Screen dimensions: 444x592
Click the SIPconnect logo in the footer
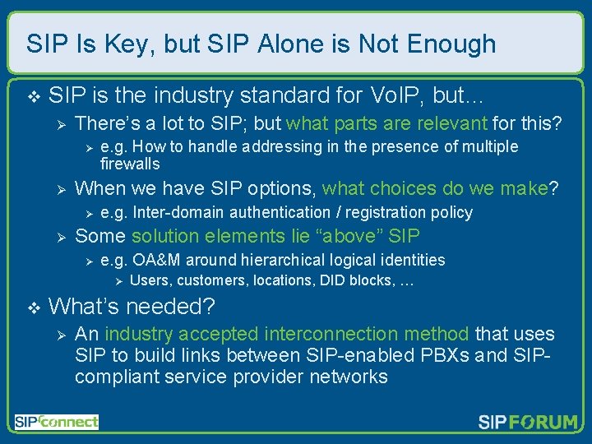(56, 423)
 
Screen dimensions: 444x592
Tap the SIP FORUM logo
(528, 423)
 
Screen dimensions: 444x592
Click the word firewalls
(130, 164)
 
